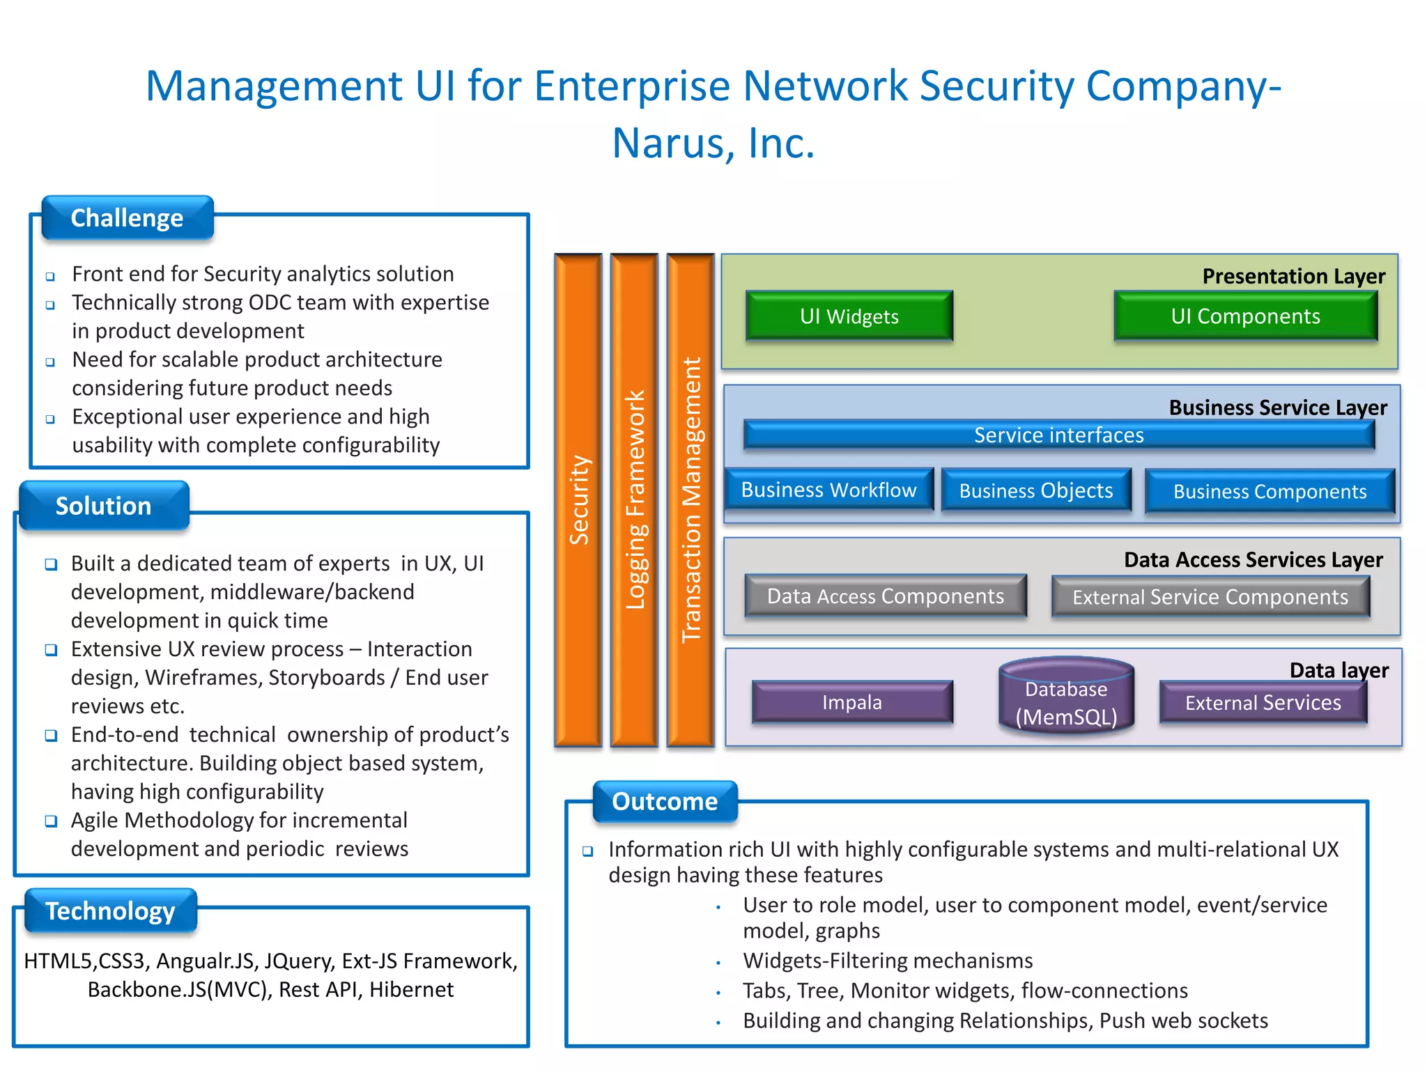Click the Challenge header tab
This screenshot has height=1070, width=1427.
(x=127, y=218)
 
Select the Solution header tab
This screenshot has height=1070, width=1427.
(x=104, y=506)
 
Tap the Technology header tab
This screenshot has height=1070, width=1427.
(x=111, y=910)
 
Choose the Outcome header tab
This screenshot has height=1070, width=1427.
(x=665, y=801)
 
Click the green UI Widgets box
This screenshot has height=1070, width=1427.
(x=849, y=316)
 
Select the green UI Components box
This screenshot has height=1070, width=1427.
(x=1245, y=316)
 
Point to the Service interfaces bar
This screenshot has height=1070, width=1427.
(x=1058, y=435)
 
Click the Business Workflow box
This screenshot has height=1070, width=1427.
(x=828, y=490)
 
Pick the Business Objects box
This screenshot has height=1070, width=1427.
(x=1035, y=491)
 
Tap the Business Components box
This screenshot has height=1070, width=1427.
(x=1270, y=492)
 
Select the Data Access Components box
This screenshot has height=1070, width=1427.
(x=885, y=596)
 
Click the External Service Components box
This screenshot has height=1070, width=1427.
(x=1210, y=597)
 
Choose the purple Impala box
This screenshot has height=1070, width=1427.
(x=851, y=702)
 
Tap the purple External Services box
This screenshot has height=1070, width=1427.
(x=1263, y=703)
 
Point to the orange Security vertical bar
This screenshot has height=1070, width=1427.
(x=578, y=500)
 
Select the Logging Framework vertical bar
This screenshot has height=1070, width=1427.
(x=634, y=500)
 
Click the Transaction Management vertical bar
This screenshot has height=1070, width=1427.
(x=691, y=500)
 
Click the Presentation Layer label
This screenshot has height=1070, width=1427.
(x=1293, y=277)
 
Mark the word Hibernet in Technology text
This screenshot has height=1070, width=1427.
(x=411, y=990)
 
